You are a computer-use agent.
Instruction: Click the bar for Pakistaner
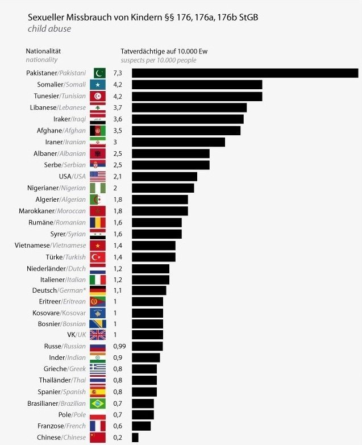[245, 73]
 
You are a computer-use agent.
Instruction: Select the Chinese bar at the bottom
[135, 437]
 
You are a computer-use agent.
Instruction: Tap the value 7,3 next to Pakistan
[118, 73]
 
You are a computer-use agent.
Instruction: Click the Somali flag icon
[98, 85]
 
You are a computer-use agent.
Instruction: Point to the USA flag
[98, 176]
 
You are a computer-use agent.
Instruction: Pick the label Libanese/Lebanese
[57, 107]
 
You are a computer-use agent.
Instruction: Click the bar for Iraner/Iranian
[178, 142]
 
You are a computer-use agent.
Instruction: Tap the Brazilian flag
[98, 403]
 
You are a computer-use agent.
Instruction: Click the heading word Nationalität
[44, 51]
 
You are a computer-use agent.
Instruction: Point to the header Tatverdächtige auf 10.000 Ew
[165, 51]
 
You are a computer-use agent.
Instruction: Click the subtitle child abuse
[49, 28]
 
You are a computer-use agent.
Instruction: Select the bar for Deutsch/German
[149, 290]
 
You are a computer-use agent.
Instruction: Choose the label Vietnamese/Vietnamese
[50, 245]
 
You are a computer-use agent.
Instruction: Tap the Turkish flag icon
[98, 256]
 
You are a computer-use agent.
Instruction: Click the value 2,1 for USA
[118, 176]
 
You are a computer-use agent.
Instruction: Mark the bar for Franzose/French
[141, 426]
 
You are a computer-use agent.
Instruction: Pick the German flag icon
[98, 290]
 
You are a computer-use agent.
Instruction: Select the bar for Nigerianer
[163, 188]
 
